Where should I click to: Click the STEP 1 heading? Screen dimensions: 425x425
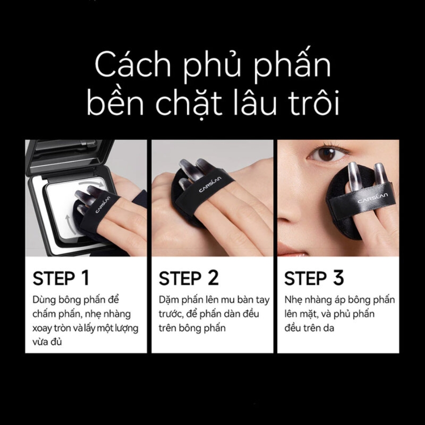(61, 278)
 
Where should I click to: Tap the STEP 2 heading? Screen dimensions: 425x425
(188, 278)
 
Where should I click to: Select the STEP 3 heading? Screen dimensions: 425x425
(314, 278)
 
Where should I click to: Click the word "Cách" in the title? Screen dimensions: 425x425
(133, 65)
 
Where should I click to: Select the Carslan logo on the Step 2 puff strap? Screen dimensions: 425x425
(210, 184)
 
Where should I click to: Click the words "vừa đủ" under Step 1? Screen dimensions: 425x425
(47, 341)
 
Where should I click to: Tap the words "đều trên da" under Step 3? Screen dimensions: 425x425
(309, 328)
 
